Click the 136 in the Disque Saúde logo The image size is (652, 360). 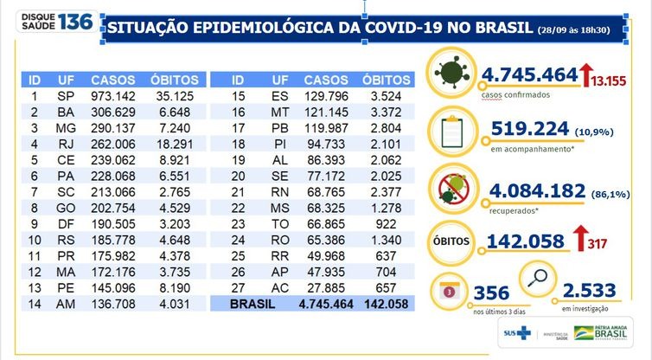[74, 21]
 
